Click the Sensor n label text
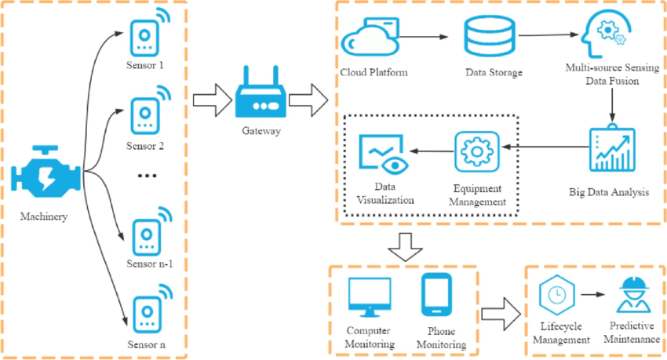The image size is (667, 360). [148, 344]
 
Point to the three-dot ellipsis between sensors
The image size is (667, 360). [148, 176]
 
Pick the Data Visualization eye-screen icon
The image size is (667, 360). [382, 154]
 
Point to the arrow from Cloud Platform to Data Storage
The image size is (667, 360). [425, 36]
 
